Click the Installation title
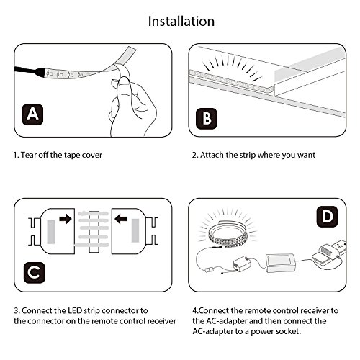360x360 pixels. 181,21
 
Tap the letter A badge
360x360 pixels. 32,114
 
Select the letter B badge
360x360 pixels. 207,119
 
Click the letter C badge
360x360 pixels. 35,272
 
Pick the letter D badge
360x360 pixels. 328,217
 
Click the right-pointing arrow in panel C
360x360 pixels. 66,219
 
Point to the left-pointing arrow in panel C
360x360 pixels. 120,219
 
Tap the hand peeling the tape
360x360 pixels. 131,106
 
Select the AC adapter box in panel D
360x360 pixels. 281,263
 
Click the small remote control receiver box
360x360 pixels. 242,264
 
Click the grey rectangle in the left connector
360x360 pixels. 50,233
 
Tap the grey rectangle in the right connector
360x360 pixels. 135,230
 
